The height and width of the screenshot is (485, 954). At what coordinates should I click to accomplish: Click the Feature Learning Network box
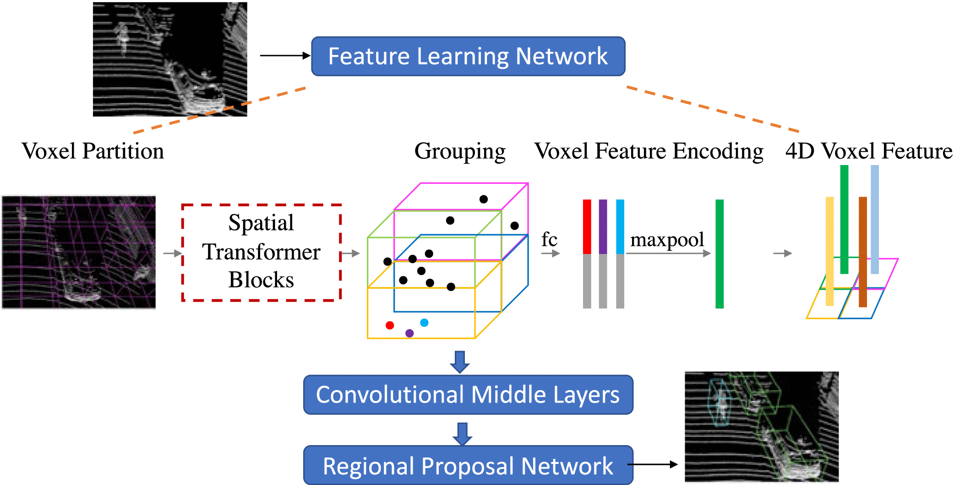(x=468, y=56)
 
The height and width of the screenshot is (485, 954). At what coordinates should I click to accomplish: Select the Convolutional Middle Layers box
(x=468, y=395)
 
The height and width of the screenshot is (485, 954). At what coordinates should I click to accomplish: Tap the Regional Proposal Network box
(x=468, y=465)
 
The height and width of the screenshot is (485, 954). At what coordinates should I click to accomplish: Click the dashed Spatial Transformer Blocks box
(x=262, y=253)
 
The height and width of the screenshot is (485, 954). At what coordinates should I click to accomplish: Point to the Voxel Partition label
(x=93, y=151)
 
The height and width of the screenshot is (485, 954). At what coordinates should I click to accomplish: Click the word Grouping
(x=460, y=151)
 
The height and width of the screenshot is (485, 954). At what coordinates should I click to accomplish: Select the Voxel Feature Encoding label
(x=649, y=151)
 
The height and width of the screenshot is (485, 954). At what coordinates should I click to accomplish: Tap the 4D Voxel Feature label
(x=868, y=151)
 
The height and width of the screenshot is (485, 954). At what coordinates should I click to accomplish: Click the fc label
(x=549, y=239)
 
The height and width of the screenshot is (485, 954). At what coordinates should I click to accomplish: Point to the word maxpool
(x=667, y=240)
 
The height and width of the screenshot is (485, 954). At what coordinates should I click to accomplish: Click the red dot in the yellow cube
(x=390, y=325)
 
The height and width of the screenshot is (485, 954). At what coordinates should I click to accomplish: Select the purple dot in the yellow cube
(x=409, y=333)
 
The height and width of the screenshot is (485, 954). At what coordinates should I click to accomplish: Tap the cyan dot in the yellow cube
(x=424, y=323)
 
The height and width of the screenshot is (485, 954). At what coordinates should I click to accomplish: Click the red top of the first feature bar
(x=587, y=226)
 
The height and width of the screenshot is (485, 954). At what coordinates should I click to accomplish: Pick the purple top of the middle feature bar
(x=603, y=226)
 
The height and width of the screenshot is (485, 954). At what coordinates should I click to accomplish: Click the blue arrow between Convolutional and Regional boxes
(x=463, y=434)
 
